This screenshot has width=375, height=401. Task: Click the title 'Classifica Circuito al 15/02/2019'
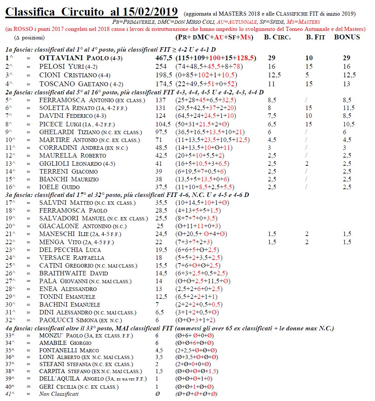[x=91, y=12]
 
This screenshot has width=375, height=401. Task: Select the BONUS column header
[x=347, y=37]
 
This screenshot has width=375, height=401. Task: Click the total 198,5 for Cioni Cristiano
[x=163, y=75]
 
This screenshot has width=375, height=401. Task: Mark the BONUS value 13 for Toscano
[x=347, y=84]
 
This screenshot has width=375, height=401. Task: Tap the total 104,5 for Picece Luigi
[x=163, y=124]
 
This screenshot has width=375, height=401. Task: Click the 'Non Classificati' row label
[x=59, y=394]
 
